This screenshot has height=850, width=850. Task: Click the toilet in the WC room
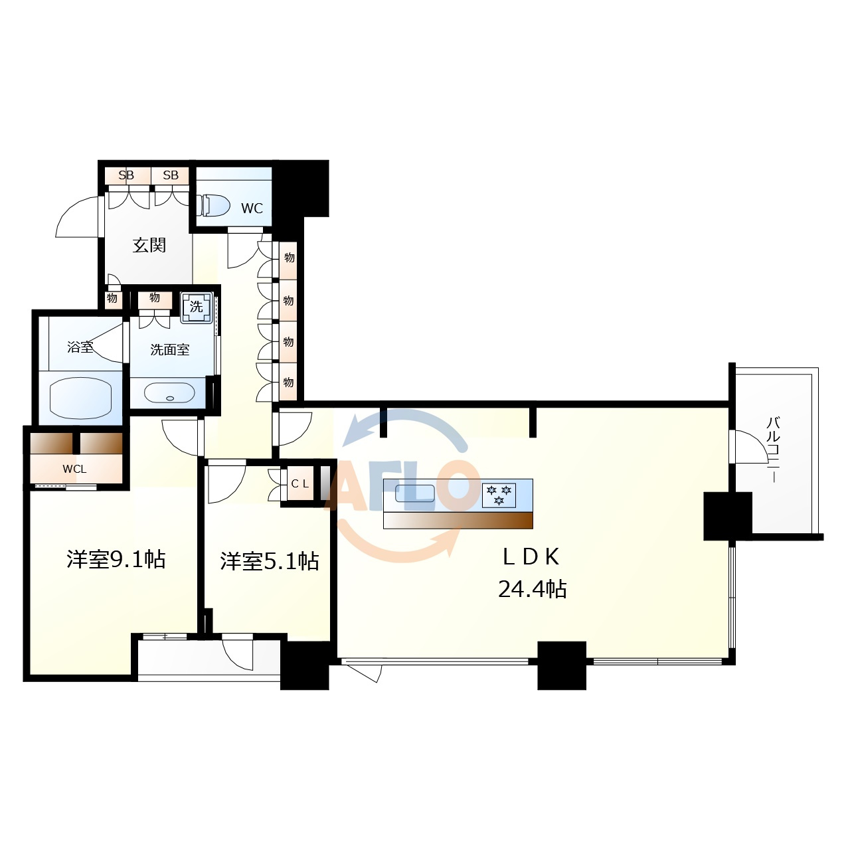pyautogui.click(x=215, y=206)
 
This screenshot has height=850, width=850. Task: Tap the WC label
pyautogui.click(x=252, y=209)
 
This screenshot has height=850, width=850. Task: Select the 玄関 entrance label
pyautogui.click(x=149, y=245)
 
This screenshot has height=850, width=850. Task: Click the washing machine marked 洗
pyautogui.click(x=197, y=306)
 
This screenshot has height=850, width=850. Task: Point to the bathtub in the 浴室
pyautogui.click(x=80, y=399)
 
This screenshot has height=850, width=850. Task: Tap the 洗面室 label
pyautogui.click(x=170, y=350)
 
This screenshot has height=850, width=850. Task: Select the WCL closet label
pyautogui.click(x=74, y=469)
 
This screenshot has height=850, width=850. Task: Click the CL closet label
pyautogui.click(x=300, y=484)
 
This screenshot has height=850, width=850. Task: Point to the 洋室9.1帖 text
pyautogui.click(x=116, y=559)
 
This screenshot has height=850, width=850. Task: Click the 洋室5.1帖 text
pyautogui.click(x=270, y=562)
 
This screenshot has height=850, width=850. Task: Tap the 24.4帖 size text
pyautogui.click(x=533, y=589)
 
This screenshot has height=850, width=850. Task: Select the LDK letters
pyautogui.click(x=531, y=556)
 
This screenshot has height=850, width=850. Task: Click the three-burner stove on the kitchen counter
pyautogui.click(x=499, y=495)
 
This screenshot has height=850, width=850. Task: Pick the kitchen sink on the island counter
pyautogui.click(x=414, y=493)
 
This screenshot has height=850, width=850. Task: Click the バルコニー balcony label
pyautogui.click(x=773, y=450)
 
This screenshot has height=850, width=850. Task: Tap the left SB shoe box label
pyautogui.click(x=126, y=175)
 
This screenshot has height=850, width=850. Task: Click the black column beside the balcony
pyautogui.click(x=727, y=516)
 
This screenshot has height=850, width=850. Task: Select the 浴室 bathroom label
pyautogui.click(x=80, y=347)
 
